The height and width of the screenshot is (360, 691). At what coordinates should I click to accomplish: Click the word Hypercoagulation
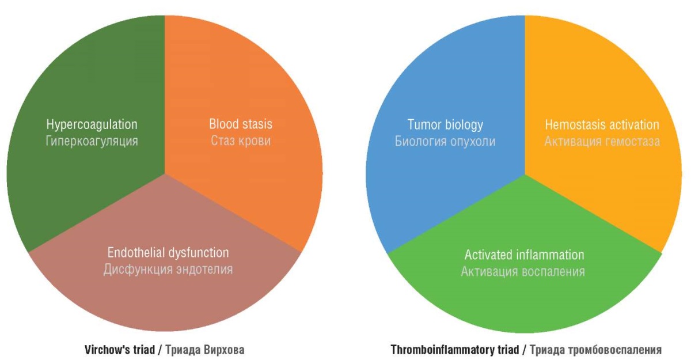click(92, 125)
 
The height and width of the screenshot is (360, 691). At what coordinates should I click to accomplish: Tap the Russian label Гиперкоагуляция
click(92, 142)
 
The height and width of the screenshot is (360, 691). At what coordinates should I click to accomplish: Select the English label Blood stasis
click(241, 124)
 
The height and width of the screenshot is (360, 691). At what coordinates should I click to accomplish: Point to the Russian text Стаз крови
click(241, 141)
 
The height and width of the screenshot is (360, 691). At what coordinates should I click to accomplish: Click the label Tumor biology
click(445, 125)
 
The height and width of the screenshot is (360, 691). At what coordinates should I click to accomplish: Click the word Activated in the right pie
click(489, 255)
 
